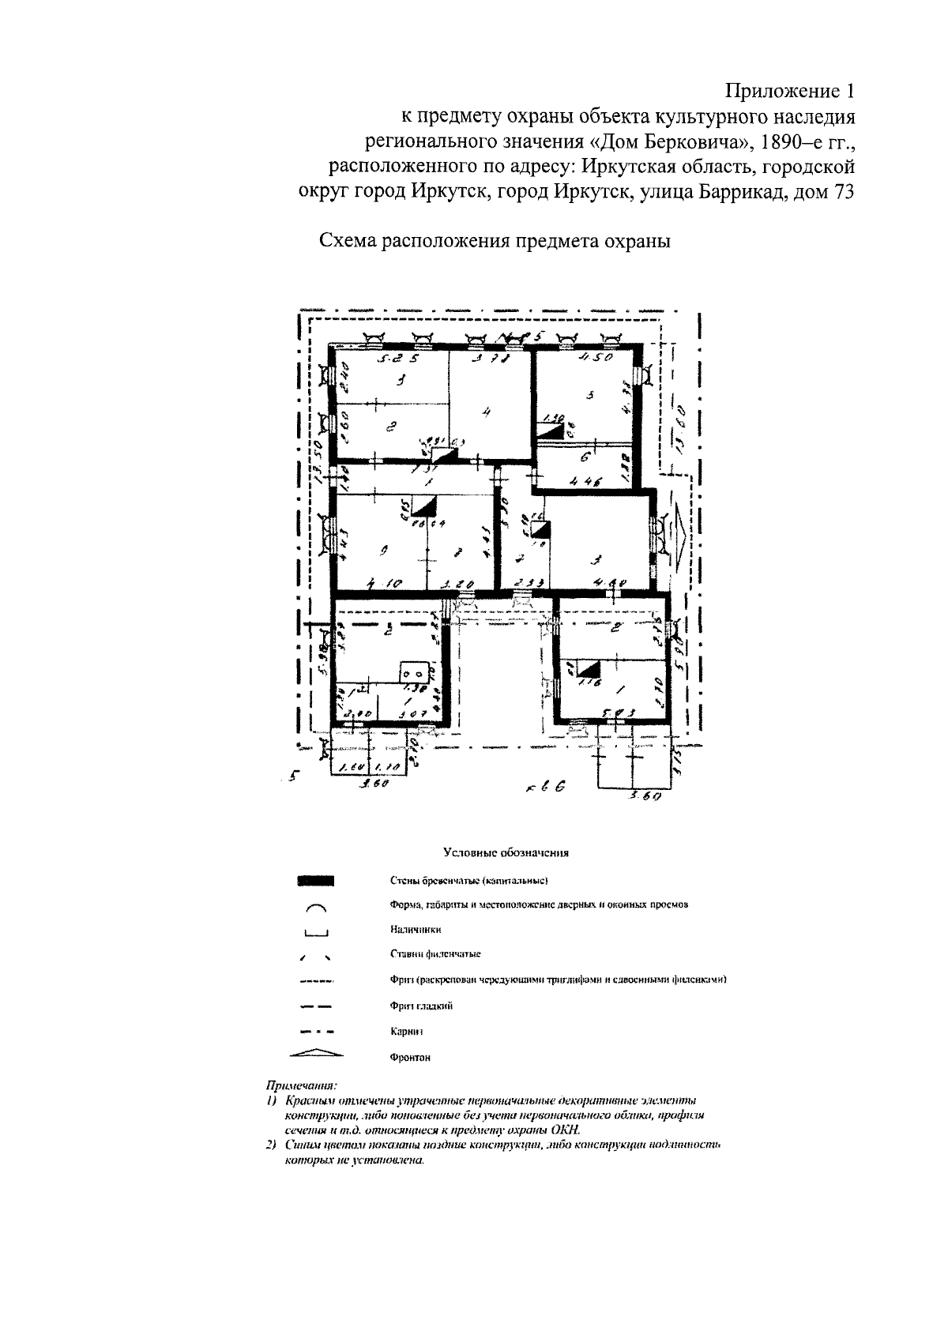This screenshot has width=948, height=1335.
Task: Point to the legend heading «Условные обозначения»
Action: click(x=506, y=852)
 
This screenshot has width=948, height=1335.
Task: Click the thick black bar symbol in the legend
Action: click(x=316, y=880)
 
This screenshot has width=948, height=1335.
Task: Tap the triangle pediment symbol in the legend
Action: click(x=316, y=1053)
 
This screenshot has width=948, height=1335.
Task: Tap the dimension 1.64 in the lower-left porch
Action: click(x=347, y=767)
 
